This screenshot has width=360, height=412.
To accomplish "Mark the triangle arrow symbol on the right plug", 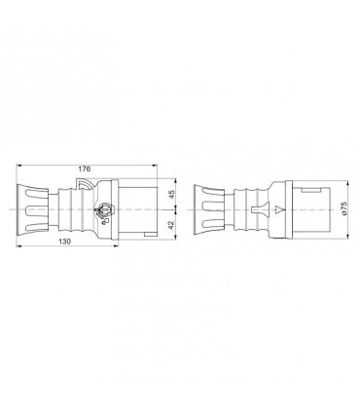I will pyautogui.click(x=279, y=208).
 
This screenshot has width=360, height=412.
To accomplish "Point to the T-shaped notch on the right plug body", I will pyautogui.click(x=258, y=208).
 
